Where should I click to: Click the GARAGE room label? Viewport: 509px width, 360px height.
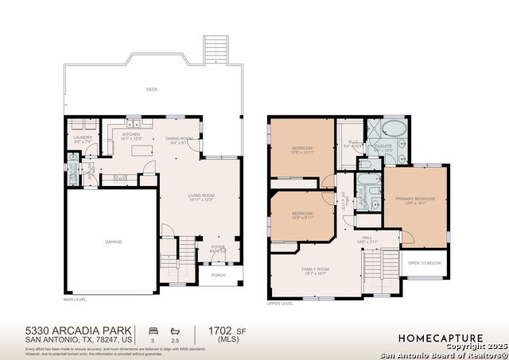click(114, 242)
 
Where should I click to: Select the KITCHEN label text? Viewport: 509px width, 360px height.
click(131, 136)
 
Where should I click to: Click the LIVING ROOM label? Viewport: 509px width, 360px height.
click(200, 197)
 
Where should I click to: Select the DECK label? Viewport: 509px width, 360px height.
click(152, 90)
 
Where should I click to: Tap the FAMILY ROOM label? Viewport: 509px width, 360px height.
click(316, 271)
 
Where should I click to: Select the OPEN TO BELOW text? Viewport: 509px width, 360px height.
click(427, 263)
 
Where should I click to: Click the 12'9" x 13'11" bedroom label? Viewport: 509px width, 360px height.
click(302, 150)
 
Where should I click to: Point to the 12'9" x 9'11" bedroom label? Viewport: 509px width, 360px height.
click(302, 215)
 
